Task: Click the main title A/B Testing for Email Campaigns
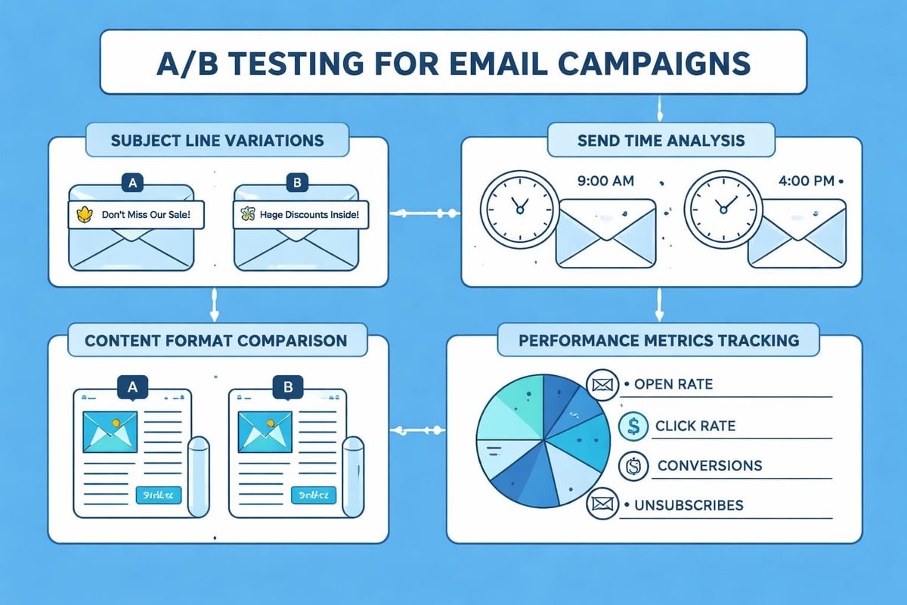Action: (x=453, y=62)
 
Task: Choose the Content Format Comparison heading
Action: (x=215, y=340)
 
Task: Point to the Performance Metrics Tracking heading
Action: (x=658, y=340)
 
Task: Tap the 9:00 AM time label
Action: (x=605, y=181)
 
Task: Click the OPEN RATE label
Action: (x=673, y=385)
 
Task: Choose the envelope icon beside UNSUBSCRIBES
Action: (x=602, y=504)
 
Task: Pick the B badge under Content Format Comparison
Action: (x=286, y=388)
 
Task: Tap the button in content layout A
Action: (x=158, y=495)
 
